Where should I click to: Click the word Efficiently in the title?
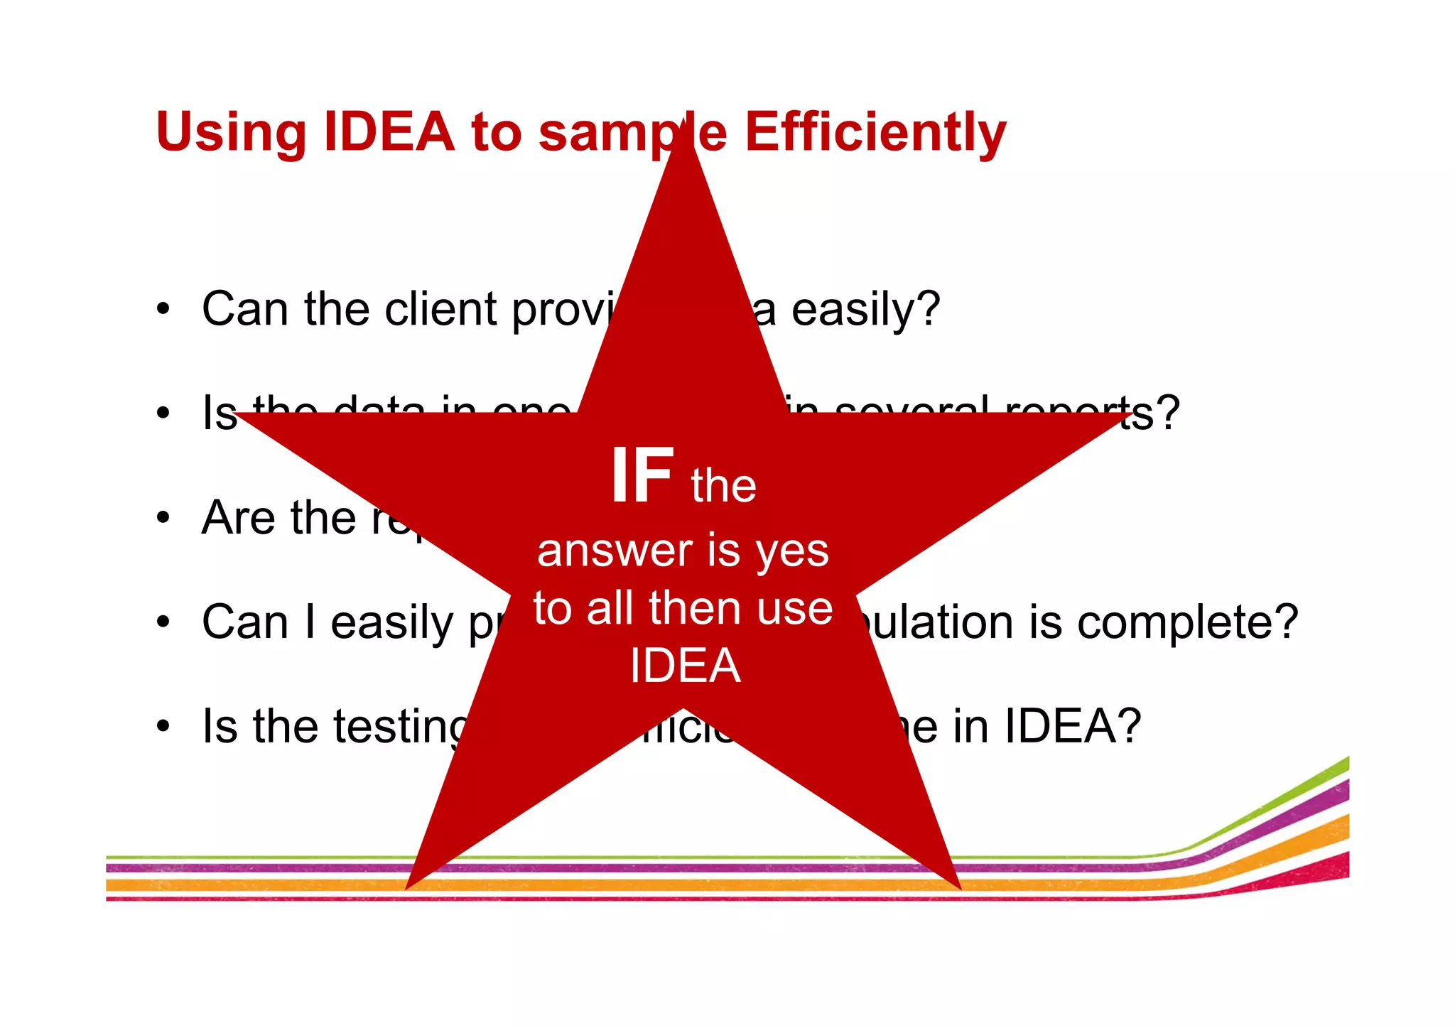tap(875, 133)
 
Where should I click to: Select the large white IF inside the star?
tap(642, 476)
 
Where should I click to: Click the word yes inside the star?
tap(792, 552)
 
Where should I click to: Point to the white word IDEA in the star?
tap(686, 666)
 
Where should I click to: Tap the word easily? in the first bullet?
tap(865, 310)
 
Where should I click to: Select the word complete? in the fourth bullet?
tap(1187, 622)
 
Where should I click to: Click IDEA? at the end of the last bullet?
tap(1072, 726)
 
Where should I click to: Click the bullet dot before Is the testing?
tap(164, 726)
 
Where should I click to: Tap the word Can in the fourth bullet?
tap(245, 622)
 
